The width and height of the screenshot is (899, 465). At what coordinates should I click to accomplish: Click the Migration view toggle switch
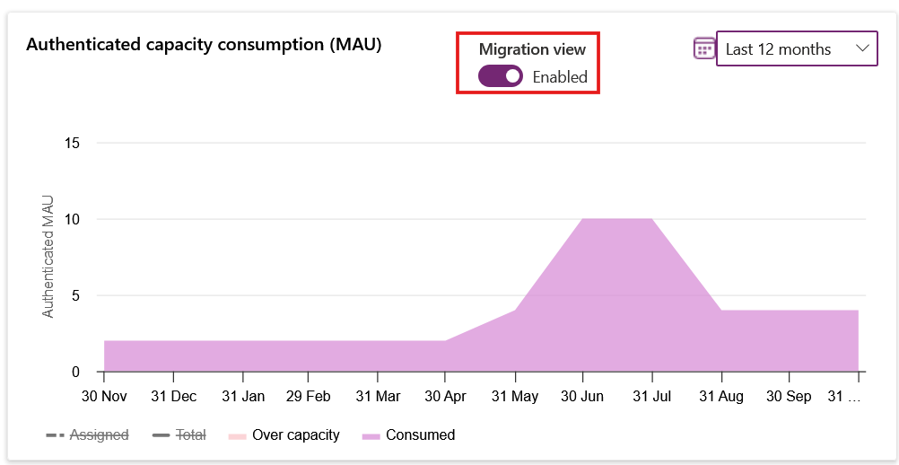[500, 76]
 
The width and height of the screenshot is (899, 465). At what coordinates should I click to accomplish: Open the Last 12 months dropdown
[795, 49]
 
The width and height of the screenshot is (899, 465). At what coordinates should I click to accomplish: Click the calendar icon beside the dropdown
[704, 48]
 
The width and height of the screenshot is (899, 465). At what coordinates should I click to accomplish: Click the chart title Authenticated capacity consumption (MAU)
[204, 44]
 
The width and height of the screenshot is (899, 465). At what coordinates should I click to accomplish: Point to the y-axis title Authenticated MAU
[48, 256]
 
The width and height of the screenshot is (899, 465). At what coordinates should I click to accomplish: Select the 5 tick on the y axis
[75, 295]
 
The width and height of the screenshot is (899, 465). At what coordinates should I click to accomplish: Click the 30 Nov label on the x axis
[104, 396]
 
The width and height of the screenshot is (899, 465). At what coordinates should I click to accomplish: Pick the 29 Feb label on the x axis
[308, 396]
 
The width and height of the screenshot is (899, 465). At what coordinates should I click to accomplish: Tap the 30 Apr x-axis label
[445, 396]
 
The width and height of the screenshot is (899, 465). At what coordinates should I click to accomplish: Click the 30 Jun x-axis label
[582, 396]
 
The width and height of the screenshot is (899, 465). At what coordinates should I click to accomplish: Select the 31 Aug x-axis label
[720, 396]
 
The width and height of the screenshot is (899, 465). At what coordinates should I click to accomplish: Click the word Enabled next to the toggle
[560, 77]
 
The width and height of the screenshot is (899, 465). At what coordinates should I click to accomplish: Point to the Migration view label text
[532, 49]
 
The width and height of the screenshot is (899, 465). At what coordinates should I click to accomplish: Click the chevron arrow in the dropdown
[862, 48]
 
